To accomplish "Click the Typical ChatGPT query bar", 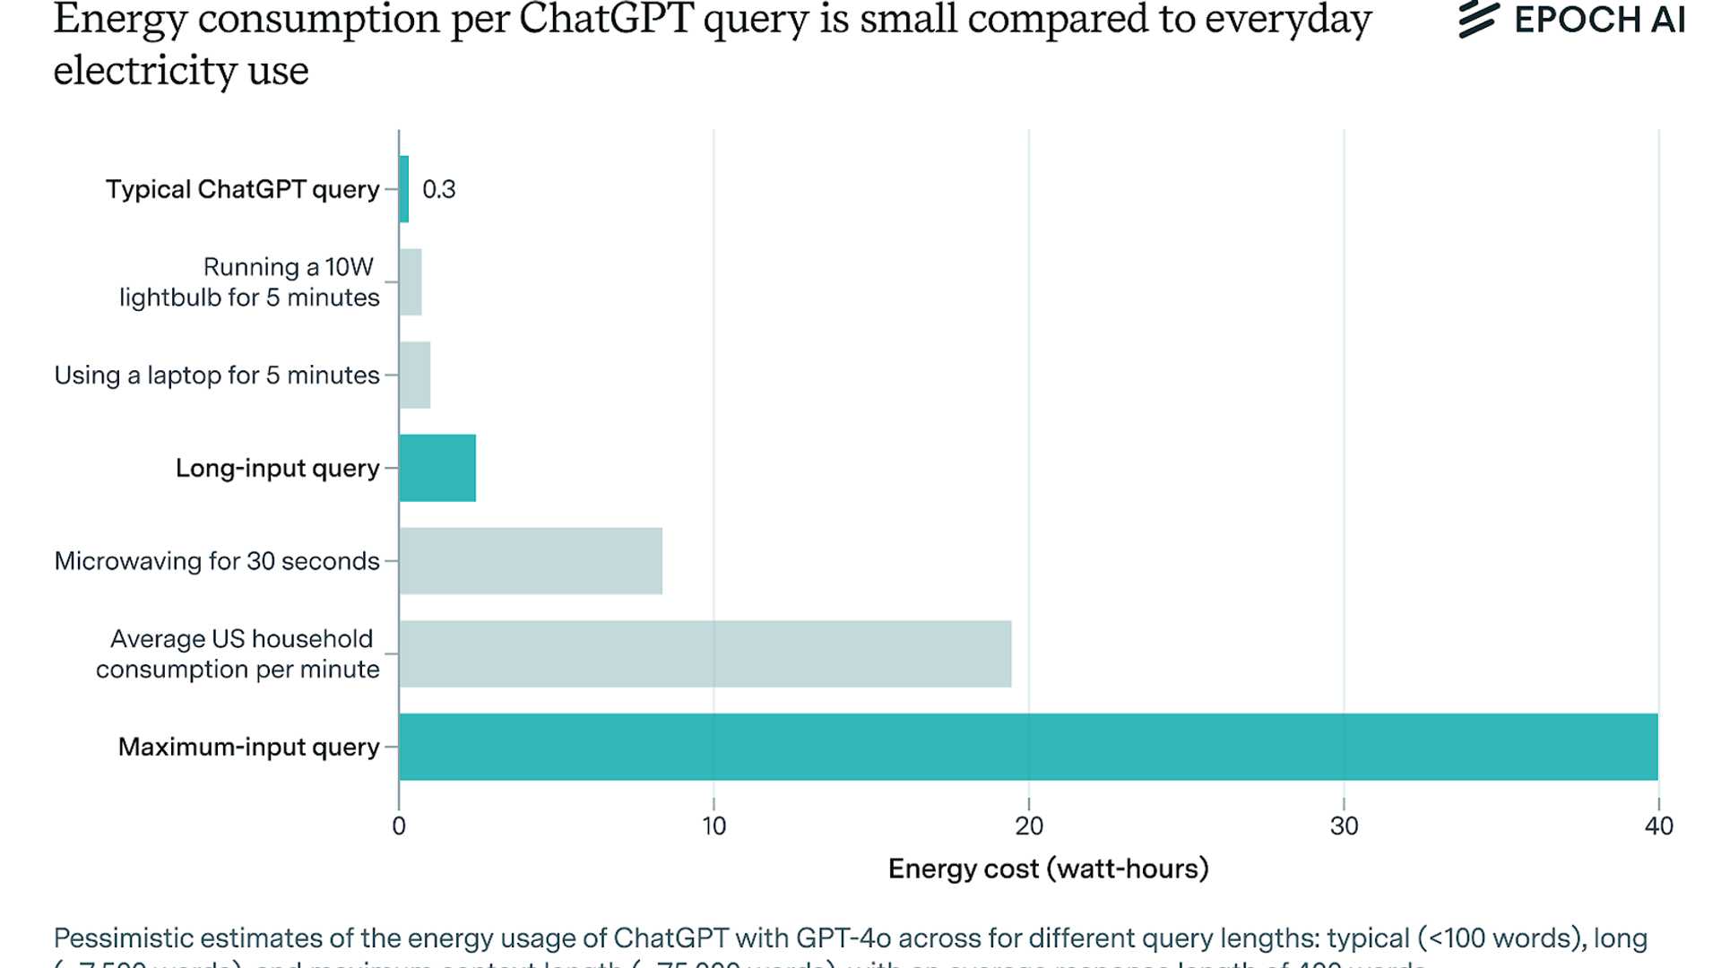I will [404, 189].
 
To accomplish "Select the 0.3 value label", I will [438, 190].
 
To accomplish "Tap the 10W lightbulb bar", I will [411, 282].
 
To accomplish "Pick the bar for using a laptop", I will [415, 375].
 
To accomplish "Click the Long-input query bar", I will [437, 468].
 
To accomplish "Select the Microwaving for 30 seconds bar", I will [531, 561].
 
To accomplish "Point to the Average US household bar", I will [705, 653].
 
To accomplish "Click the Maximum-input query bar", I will [1028, 747].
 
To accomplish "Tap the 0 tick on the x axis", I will [399, 825].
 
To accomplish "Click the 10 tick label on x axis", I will [713, 825].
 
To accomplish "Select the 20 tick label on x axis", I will [1029, 825].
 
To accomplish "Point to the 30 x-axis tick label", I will [1344, 825].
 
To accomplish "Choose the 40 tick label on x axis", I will [1658, 825].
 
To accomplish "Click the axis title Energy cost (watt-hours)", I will [1048, 869].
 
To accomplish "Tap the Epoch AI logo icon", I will [1478, 20].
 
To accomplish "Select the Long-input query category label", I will [277, 468].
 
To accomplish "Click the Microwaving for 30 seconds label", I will [217, 561].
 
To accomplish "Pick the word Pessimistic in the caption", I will [123, 938].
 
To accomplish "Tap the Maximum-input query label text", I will [248, 747].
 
